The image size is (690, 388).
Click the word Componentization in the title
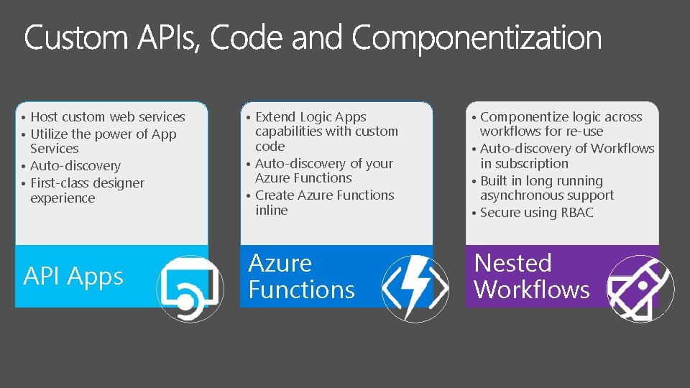pos(477,37)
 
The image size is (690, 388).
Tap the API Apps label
pos(73,277)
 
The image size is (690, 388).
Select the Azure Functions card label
pos(301,277)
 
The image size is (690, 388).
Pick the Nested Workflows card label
pos(532,277)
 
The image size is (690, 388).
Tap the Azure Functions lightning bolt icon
pos(415,287)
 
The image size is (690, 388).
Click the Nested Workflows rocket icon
pos(640,287)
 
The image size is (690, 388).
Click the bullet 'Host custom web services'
pos(108,116)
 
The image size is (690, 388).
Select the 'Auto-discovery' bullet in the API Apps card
pos(75,166)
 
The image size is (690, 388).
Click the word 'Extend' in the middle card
pos(275,116)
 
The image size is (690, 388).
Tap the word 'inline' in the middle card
pos(271,211)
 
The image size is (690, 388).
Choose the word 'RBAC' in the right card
pos(579,213)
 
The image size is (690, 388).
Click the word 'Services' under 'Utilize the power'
pos(55,149)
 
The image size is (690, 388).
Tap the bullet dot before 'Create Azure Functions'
pos(247,196)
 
